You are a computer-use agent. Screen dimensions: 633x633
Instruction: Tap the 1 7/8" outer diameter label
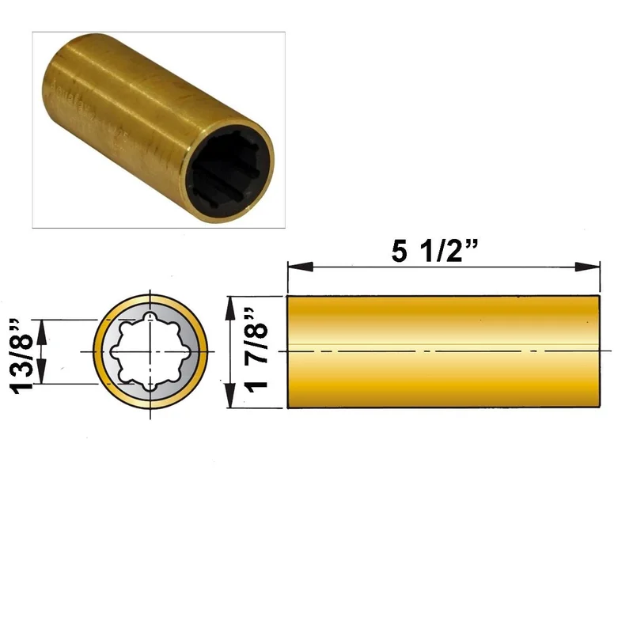(256, 351)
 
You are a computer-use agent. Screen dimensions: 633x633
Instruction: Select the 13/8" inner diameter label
(21, 355)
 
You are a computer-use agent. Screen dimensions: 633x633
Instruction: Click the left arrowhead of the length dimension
(301, 267)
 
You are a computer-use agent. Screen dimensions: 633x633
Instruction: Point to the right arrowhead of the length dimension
(587, 267)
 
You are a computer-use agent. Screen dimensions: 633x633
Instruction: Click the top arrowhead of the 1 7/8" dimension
(230, 309)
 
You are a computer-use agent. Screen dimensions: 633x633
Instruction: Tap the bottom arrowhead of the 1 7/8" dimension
(230, 395)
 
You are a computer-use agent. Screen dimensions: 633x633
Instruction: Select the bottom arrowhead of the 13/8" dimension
(42, 372)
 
